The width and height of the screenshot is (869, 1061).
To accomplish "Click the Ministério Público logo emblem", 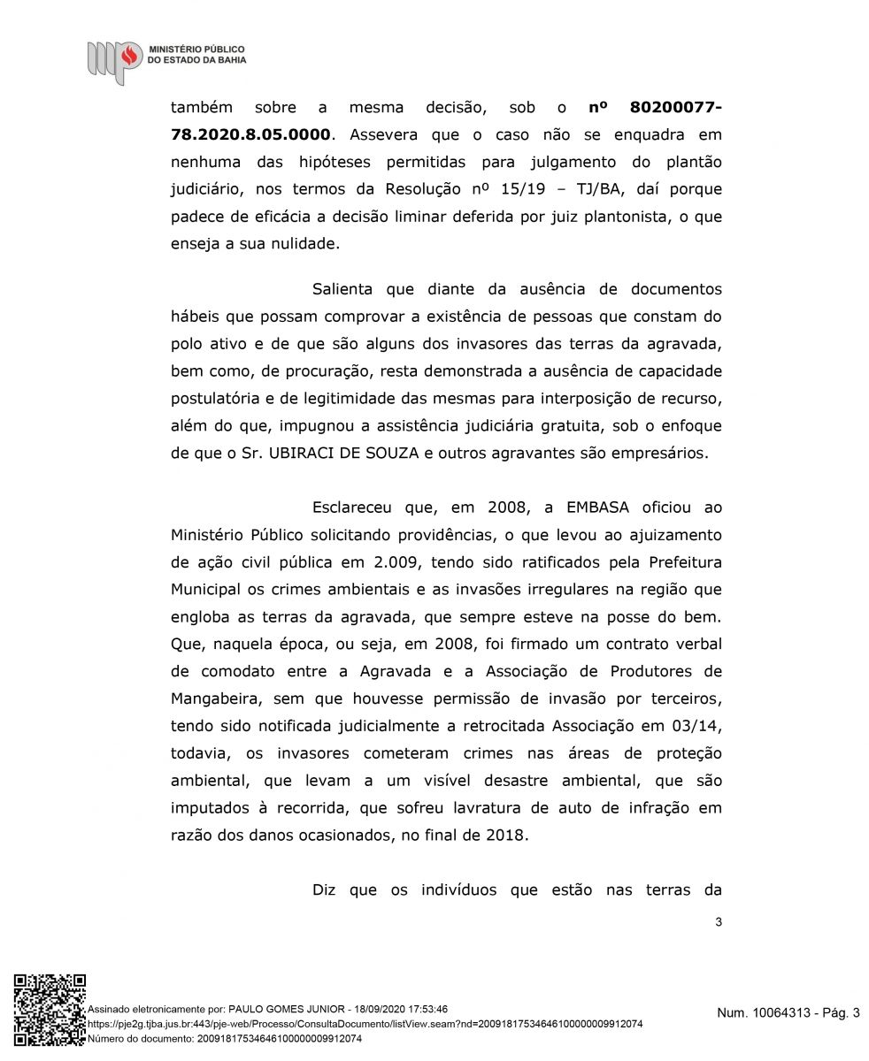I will (114, 60).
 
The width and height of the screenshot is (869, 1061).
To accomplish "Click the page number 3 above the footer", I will (718, 923).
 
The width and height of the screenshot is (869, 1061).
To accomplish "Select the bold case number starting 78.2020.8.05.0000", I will (252, 135).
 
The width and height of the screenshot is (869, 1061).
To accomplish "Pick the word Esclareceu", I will (359, 508).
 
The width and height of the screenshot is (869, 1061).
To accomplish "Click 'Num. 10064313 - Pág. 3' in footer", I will (788, 1014).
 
